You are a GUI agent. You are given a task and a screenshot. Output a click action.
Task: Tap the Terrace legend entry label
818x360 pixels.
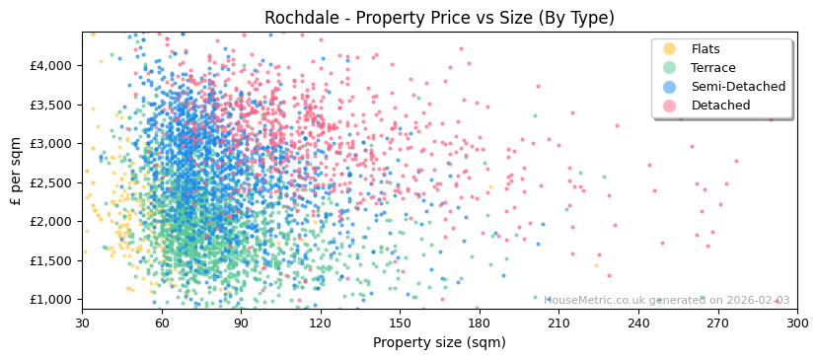click(x=712, y=68)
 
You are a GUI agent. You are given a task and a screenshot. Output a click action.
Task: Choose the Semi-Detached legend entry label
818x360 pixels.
click(x=738, y=87)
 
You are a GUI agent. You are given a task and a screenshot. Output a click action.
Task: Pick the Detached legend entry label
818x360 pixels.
click(x=720, y=106)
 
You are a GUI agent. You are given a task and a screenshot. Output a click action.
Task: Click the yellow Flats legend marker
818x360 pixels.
click(x=669, y=49)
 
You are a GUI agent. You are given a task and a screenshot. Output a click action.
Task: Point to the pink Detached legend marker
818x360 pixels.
click(x=669, y=106)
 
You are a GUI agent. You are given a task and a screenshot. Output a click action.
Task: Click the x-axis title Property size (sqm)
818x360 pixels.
click(x=439, y=343)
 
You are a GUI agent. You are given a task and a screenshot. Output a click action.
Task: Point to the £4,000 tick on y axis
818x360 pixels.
click(x=50, y=65)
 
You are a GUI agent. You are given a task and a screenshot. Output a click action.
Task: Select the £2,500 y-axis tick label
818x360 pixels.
click(x=50, y=182)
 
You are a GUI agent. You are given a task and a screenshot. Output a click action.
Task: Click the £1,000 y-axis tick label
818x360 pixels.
click(x=50, y=300)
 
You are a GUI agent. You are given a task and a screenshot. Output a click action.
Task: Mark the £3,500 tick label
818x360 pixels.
click(x=50, y=105)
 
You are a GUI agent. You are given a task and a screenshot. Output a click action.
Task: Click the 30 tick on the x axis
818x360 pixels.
click(x=82, y=323)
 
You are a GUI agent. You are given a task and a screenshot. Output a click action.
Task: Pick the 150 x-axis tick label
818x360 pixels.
click(x=400, y=323)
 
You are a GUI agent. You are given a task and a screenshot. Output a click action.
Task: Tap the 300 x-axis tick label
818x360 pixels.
click(x=796, y=323)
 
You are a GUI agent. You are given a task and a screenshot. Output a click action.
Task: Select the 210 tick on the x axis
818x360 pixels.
click(x=558, y=323)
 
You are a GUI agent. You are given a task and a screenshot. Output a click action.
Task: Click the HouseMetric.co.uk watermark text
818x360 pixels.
click(x=595, y=301)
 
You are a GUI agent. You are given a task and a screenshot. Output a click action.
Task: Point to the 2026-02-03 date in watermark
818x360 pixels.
click(x=757, y=301)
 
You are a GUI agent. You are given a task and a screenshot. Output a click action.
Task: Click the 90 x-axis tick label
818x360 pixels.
click(x=241, y=323)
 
